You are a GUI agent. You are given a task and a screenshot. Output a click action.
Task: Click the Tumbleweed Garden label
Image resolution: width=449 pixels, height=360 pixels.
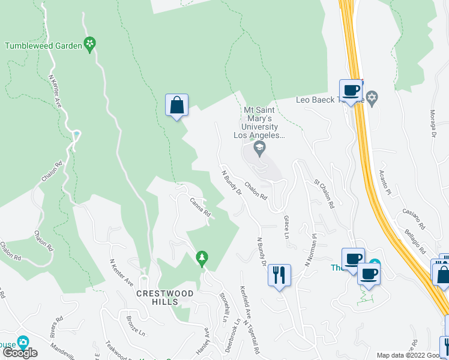pos(43,45)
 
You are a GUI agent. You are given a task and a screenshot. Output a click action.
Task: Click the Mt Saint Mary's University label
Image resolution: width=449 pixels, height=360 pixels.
pos(260,123)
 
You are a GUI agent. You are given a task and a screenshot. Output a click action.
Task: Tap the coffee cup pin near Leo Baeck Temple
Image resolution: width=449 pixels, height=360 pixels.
pos(351,91)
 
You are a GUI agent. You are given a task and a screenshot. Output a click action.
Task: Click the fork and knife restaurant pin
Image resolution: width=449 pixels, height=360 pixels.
pos(279,275)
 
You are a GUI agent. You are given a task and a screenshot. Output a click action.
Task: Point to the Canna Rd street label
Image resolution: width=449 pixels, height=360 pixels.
pos(200,207)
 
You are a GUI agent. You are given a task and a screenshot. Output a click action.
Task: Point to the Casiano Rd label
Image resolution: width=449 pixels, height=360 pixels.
pos(414,219)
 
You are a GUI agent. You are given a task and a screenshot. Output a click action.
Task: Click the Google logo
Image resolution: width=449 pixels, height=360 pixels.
pos(20,353)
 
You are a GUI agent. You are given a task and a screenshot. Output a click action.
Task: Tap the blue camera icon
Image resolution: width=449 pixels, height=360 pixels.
pos(23,343)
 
